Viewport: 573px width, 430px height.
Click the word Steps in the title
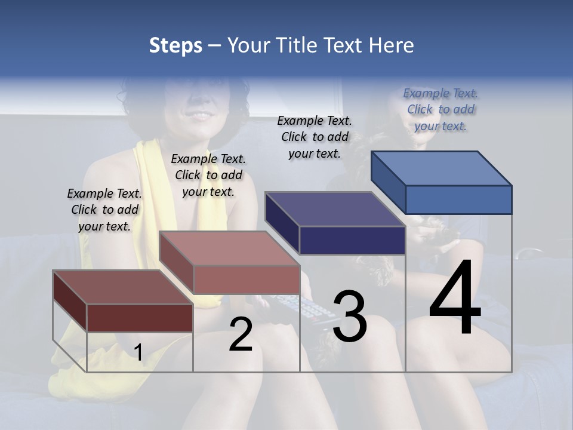tap(175, 45)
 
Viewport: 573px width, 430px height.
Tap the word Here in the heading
tap(391, 45)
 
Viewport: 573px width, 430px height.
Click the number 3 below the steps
tap(349, 317)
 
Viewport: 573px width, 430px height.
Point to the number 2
tap(241, 334)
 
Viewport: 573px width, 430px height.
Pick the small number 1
tap(138, 352)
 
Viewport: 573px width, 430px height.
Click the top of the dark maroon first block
tap(123, 287)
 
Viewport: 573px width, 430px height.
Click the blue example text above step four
tap(440, 109)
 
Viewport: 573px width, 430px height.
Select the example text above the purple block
tap(315, 137)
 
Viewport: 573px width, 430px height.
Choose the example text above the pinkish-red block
tap(208, 175)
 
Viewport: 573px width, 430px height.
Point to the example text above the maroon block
tap(104, 210)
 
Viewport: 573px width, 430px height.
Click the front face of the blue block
tap(458, 199)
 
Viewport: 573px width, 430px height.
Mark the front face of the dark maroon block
tap(140, 318)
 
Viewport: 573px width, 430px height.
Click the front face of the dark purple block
tap(352, 240)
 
